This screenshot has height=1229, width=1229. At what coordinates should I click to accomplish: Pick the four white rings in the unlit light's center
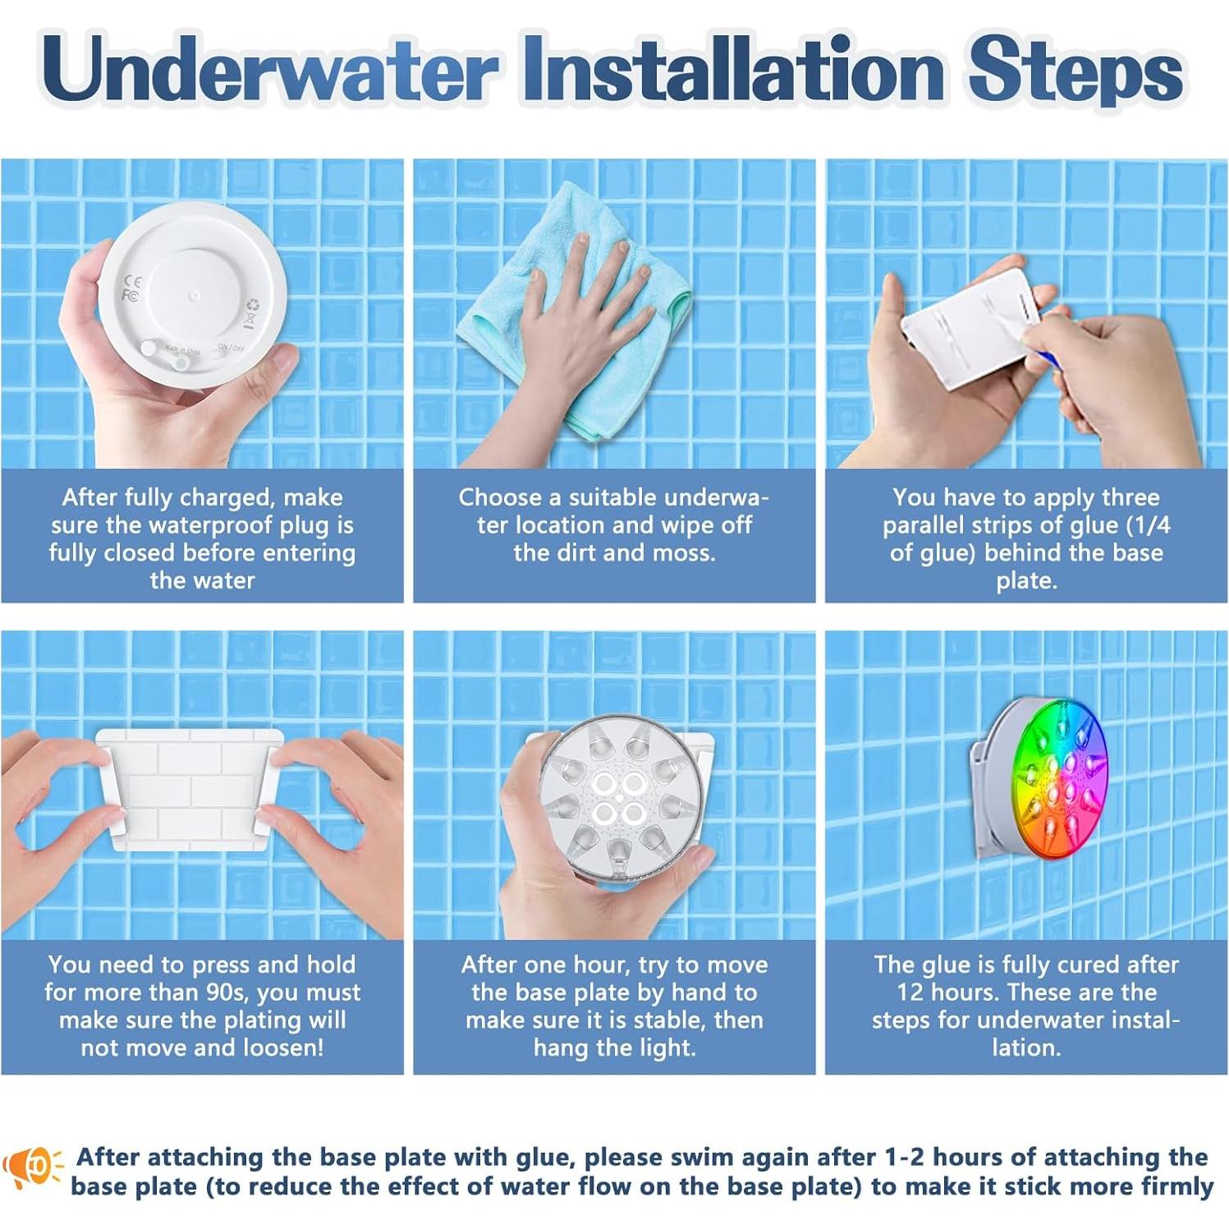click(x=617, y=799)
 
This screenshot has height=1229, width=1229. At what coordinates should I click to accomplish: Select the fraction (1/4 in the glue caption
click(x=1149, y=525)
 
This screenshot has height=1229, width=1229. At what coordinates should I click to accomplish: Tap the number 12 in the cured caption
click(x=910, y=992)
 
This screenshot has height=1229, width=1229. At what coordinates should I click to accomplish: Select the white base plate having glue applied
click(x=969, y=328)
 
